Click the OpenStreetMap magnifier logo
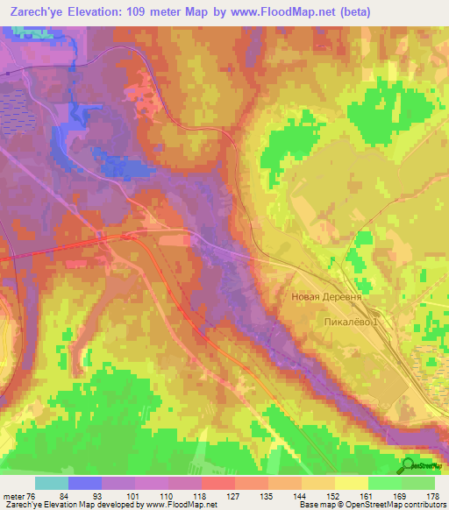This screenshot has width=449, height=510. click(409, 464)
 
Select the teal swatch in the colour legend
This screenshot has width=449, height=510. click(52, 483)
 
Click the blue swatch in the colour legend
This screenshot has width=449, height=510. click(85, 483)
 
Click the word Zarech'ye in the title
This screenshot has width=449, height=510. click(38, 12)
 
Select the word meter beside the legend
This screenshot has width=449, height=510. click(15, 496)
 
